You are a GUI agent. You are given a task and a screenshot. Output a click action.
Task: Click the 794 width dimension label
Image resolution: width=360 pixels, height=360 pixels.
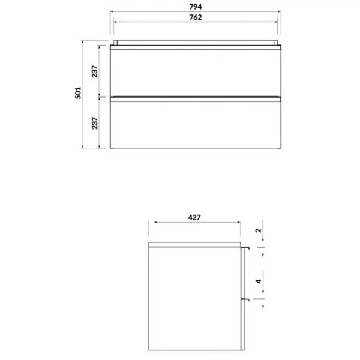196,7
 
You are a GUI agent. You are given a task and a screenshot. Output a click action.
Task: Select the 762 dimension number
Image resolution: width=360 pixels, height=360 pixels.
196,17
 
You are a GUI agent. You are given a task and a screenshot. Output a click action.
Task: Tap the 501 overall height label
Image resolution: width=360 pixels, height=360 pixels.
78,93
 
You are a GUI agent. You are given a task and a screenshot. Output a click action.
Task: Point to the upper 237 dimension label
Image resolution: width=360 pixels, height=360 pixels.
95,71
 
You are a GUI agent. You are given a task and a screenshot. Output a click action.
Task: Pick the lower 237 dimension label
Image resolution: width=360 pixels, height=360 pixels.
95,123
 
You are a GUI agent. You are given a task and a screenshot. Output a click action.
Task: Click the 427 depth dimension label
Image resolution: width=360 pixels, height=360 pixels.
194,217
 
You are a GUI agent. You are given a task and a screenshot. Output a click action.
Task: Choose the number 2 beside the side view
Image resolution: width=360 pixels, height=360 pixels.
259,230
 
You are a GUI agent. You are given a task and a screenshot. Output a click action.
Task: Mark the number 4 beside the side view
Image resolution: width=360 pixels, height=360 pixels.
259,281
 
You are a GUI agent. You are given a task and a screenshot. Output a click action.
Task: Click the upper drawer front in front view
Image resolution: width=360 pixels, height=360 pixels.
196,73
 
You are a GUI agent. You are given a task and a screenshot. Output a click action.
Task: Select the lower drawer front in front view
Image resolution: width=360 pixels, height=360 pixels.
196,125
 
